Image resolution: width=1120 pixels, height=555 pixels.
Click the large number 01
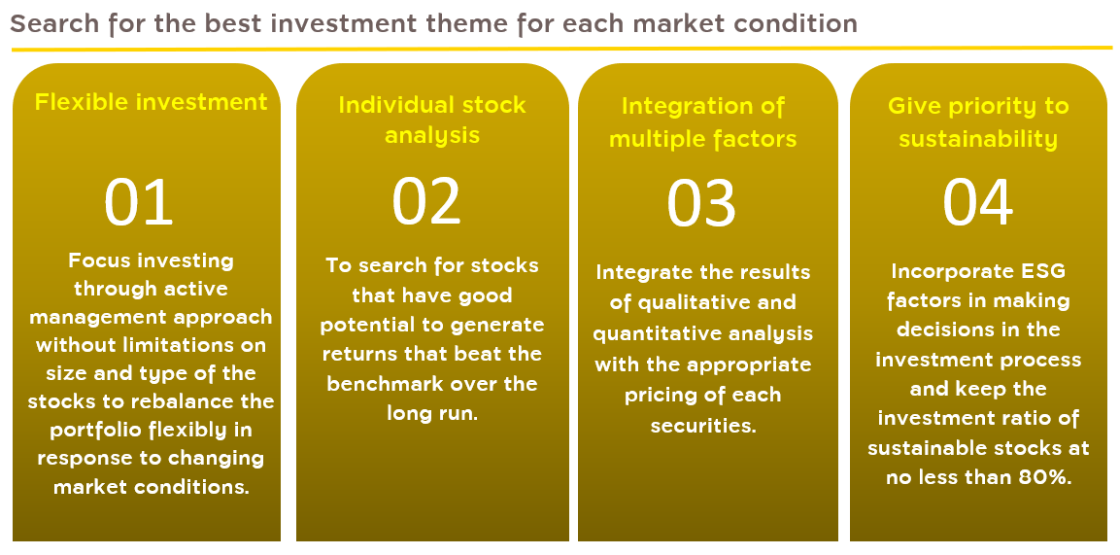pyautogui.click(x=139, y=202)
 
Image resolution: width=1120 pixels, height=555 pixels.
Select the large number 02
pyautogui.click(x=426, y=202)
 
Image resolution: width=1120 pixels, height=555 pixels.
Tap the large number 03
pyautogui.click(x=701, y=203)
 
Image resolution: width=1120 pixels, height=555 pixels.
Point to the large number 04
pyautogui.click(x=978, y=202)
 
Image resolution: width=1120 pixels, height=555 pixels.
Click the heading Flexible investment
pyautogui.click(x=152, y=102)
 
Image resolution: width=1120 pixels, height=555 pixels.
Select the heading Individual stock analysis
pyautogui.click(x=432, y=120)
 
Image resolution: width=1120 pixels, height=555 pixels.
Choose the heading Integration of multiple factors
pyautogui.click(x=703, y=122)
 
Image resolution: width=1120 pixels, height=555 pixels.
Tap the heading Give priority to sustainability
pyautogui.click(x=978, y=122)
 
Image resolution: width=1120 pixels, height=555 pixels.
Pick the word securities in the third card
pyautogui.click(x=703, y=427)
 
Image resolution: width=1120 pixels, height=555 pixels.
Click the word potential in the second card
pyautogui.click(x=372, y=326)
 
